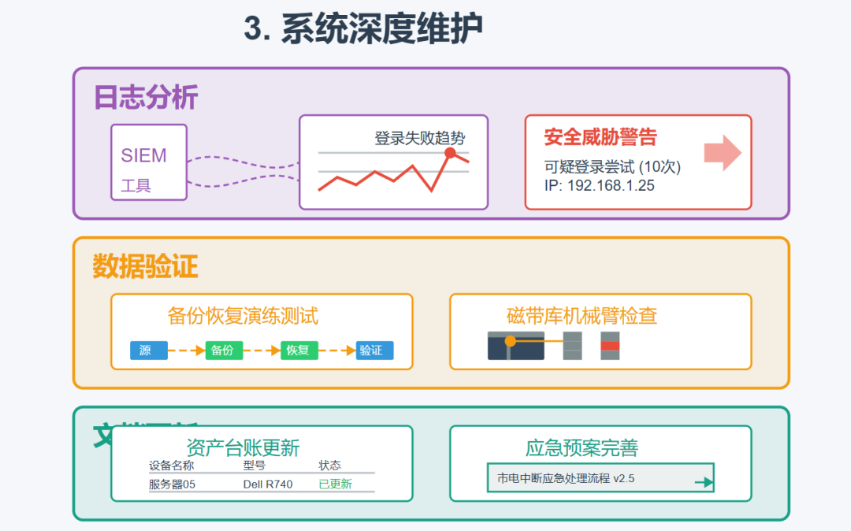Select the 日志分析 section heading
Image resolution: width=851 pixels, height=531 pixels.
[x=145, y=98]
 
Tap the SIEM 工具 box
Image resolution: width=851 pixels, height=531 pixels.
[x=148, y=162]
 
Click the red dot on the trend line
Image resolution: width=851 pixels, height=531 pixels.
[x=450, y=153]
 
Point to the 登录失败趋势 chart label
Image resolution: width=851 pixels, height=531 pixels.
[x=419, y=139]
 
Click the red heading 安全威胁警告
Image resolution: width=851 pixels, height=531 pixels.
[x=600, y=137]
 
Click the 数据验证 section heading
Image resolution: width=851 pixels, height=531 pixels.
[x=145, y=267]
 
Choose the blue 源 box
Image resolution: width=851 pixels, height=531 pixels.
[x=149, y=351]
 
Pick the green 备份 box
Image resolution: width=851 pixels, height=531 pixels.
[x=224, y=351]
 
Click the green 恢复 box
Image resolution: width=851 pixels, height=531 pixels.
[x=299, y=351]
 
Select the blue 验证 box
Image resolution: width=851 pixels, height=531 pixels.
[x=373, y=351]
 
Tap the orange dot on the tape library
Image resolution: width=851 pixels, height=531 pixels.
[x=511, y=341]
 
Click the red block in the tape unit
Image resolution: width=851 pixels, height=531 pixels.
[x=610, y=346]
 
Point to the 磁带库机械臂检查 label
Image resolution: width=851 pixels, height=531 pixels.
[x=582, y=317]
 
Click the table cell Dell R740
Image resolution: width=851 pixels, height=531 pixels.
[x=267, y=484]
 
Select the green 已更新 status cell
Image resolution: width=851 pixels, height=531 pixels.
[x=335, y=484]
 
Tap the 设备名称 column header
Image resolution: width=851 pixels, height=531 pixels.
[x=171, y=466]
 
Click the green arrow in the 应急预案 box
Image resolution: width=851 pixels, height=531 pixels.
[x=703, y=482]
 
